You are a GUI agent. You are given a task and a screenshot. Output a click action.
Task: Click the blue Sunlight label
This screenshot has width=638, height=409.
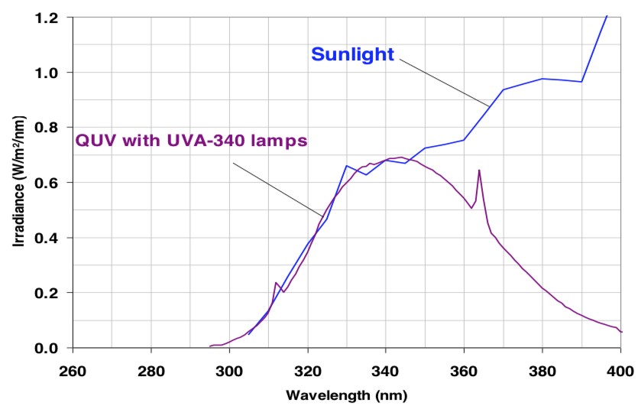click(352, 54)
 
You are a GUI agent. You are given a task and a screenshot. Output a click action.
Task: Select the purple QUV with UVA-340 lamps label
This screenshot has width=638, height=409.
click(191, 141)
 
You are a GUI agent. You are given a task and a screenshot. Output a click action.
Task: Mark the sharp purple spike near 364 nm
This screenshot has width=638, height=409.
click(479, 170)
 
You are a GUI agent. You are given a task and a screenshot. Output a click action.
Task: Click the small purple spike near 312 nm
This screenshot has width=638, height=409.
click(276, 283)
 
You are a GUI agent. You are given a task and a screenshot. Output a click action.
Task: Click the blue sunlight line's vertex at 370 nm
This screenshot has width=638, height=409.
click(503, 89)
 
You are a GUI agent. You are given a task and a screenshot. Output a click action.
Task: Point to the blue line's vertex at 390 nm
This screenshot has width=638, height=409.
click(581, 82)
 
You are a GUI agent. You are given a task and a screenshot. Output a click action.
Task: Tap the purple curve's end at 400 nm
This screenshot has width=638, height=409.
click(621, 332)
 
